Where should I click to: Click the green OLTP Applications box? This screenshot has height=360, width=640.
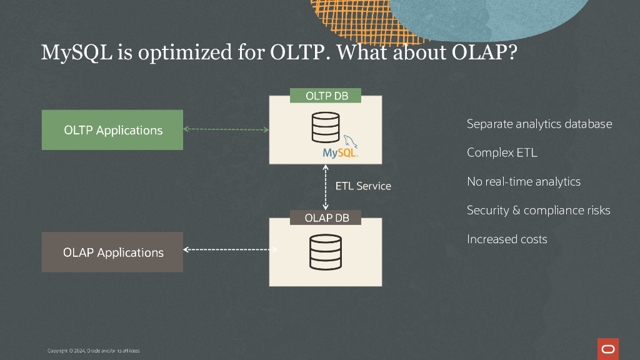pyautogui.click(x=112, y=130)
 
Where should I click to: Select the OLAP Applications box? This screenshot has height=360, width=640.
pyautogui.click(x=112, y=252)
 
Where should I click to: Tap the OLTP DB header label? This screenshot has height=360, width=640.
pyautogui.click(x=326, y=96)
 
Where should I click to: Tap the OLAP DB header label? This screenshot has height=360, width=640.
pyautogui.click(x=326, y=218)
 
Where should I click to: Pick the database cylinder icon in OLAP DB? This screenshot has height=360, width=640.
pyautogui.click(x=325, y=251)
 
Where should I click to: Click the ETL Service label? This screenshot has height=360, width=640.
pyautogui.click(x=363, y=186)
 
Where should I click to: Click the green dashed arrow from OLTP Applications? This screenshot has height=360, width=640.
pyautogui.click(x=226, y=130)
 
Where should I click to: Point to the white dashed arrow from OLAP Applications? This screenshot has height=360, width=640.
pyautogui.click(x=230, y=249)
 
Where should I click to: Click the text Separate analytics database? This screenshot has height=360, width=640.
pyautogui.click(x=539, y=124)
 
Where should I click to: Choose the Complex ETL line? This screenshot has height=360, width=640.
pyautogui.click(x=502, y=152)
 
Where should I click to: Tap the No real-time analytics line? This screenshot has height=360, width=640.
pyautogui.click(x=524, y=181)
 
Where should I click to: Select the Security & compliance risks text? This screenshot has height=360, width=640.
pyautogui.click(x=538, y=210)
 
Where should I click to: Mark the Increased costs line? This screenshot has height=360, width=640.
pyautogui.click(x=507, y=239)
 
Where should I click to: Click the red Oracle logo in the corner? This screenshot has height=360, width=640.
pyautogui.click(x=607, y=349)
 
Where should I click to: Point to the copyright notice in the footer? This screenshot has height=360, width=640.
pyautogui.click(x=94, y=351)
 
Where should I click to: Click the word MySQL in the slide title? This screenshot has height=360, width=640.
pyautogui.click(x=77, y=52)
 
